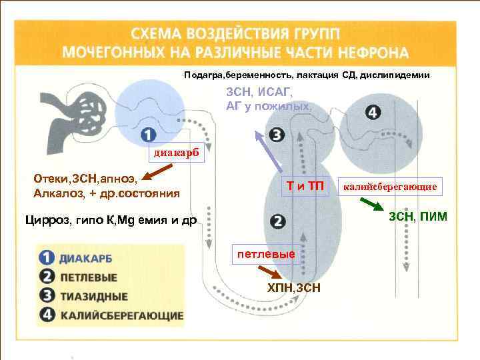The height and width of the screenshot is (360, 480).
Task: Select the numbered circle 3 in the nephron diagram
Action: tap(278, 136)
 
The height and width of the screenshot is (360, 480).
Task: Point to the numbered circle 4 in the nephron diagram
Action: tap(373, 111)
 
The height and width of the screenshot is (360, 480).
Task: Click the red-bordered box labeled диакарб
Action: tap(174, 154)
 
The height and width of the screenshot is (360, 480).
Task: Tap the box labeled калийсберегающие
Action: tap(391, 187)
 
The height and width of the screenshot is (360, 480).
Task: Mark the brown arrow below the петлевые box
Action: tap(268, 273)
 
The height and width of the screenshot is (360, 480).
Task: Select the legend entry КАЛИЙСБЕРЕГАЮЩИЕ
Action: tap(113, 315)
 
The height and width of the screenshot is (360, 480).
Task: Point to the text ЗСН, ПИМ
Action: tap(418, 217)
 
